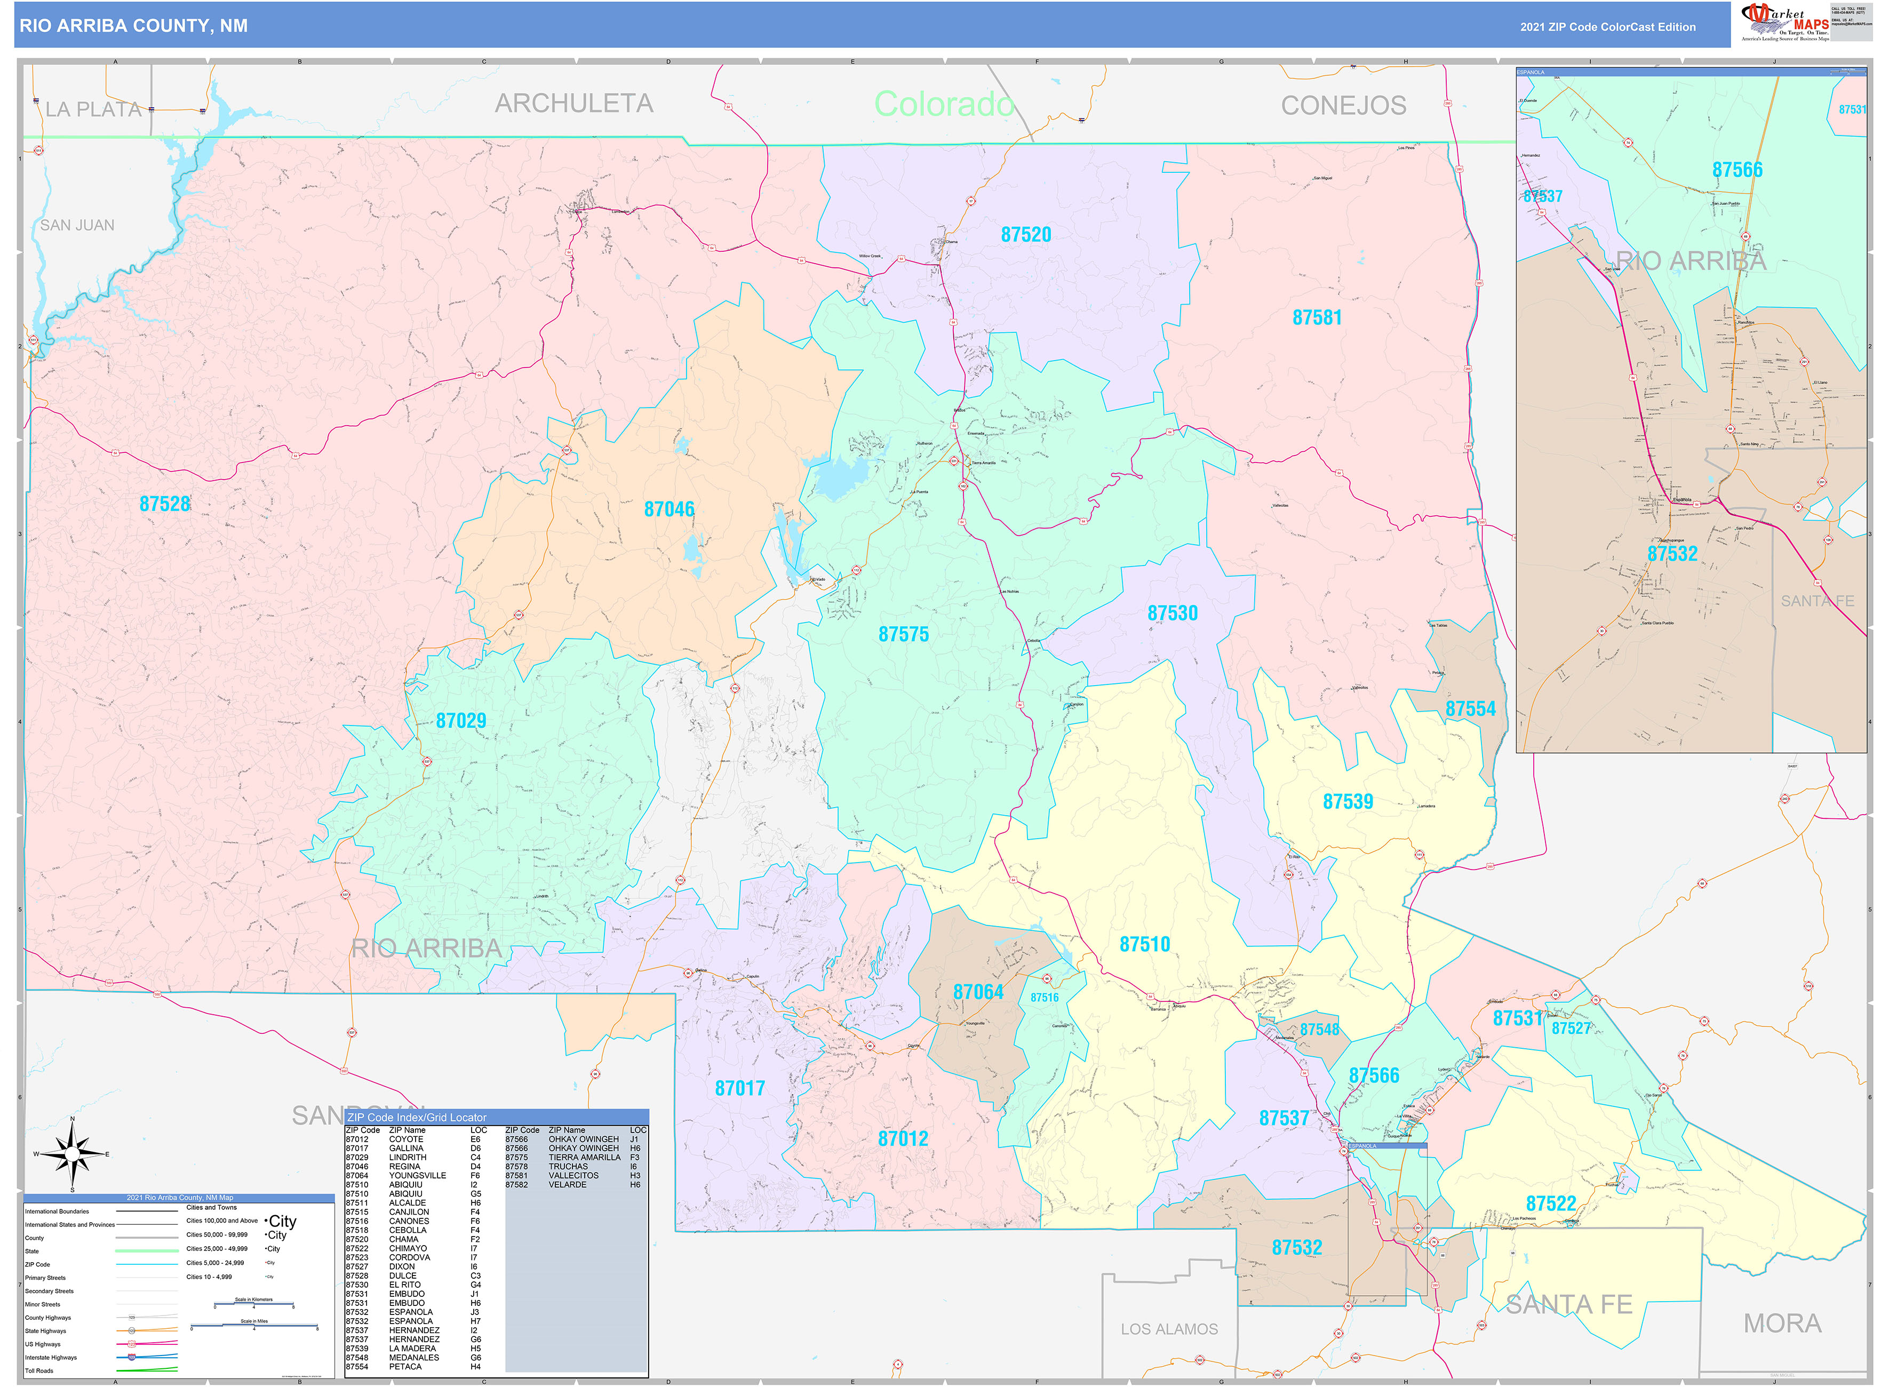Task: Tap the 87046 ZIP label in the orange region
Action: pyautogui.click(x=669, y=509)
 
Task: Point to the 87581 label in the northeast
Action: pyautogui.click(x=1317, y=318)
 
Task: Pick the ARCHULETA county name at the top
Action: pyautogui.click(x=573, y=103)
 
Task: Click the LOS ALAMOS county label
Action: pyautogui.click(x=1169, y=1329)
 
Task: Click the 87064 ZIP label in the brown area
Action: pyautogui.click(x=978, y=992)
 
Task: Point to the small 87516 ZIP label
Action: pyautogui.click(x=1045, y=998)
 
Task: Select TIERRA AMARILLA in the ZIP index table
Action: pyautogui.click(x=584, y=1157)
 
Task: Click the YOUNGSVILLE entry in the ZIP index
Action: pyautogui.click(x=417, y=1175)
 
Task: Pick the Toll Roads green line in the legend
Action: pyautogui.click(x=146, y=1370)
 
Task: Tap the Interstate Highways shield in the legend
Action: pyautogui.click(x=132, y=1357)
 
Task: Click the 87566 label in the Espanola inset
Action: pyautogui.click(x=1737, y=170)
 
